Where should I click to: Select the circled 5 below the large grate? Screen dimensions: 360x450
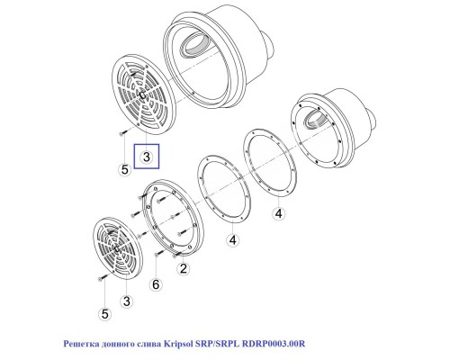(x=124, y=167)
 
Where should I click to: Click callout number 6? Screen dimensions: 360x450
(x=156, y=283)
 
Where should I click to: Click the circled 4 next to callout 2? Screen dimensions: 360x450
(x=232, y=240)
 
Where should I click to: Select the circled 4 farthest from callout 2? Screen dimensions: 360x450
(x=278, y=212)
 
